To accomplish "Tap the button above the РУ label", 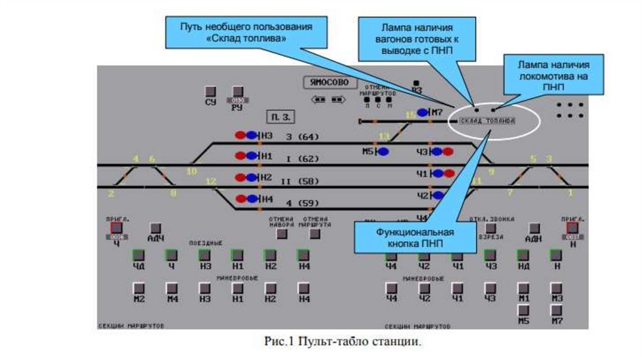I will click(238, 92).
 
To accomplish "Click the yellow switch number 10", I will click(192, 171).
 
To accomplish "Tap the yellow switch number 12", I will click(211, 182).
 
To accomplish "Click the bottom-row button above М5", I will click(523, 310).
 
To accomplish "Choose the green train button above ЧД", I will click(139, 255).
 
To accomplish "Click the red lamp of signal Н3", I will click(241, 135).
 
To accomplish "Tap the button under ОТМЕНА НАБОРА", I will click(282, 234).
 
